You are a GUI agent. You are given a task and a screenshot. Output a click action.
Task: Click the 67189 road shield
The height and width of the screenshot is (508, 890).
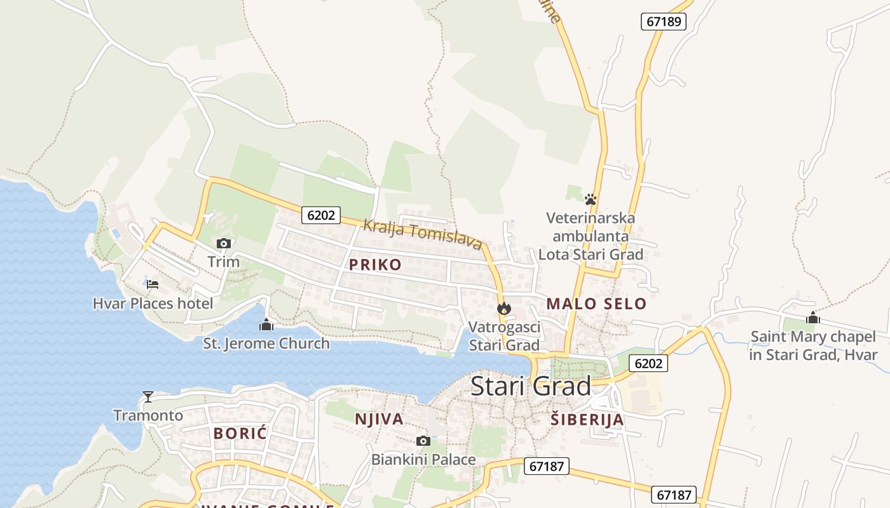(664, 22)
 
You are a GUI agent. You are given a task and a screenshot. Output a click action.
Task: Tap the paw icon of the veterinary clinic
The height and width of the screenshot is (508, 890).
(591, 199)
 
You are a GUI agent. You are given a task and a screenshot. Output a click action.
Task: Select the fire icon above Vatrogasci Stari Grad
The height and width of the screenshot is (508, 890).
(504, 309)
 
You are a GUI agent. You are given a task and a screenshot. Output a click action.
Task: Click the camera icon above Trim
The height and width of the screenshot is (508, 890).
(223, 243)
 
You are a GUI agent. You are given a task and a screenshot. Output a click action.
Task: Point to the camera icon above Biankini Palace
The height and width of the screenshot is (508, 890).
(423, 441)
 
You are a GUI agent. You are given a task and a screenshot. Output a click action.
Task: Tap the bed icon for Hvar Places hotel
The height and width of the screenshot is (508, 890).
(153, 284)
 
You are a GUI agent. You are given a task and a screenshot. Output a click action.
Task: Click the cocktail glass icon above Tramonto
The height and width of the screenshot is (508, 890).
(148, 397)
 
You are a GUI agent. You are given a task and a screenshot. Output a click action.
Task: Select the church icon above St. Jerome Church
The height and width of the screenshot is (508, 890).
(266, 325)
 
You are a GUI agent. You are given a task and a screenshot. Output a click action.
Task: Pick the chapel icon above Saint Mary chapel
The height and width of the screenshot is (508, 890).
(812, 318)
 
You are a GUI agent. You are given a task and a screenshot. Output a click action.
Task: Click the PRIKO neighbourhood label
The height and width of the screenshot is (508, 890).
(375, 265)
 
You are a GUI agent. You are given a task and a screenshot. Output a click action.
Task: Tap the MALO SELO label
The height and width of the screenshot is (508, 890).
(596, 304)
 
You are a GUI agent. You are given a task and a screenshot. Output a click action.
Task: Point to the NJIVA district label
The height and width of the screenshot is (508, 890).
(379, 419)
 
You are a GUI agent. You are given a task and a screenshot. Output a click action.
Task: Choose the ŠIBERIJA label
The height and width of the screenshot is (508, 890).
(587, 420)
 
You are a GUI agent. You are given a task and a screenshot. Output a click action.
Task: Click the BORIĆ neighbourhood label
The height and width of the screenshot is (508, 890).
(240, 434)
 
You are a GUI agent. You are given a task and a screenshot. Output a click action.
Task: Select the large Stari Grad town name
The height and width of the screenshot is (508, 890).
(531, 386)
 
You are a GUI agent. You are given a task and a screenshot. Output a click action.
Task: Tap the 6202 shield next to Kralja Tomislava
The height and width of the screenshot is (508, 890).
(320, 215)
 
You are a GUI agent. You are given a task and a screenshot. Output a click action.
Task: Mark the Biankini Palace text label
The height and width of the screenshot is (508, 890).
(423, 459)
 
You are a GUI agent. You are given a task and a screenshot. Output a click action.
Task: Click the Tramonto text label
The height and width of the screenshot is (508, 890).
(148, 416)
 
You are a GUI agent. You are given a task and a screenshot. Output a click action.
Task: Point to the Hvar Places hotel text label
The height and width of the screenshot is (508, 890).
(153, 304)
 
